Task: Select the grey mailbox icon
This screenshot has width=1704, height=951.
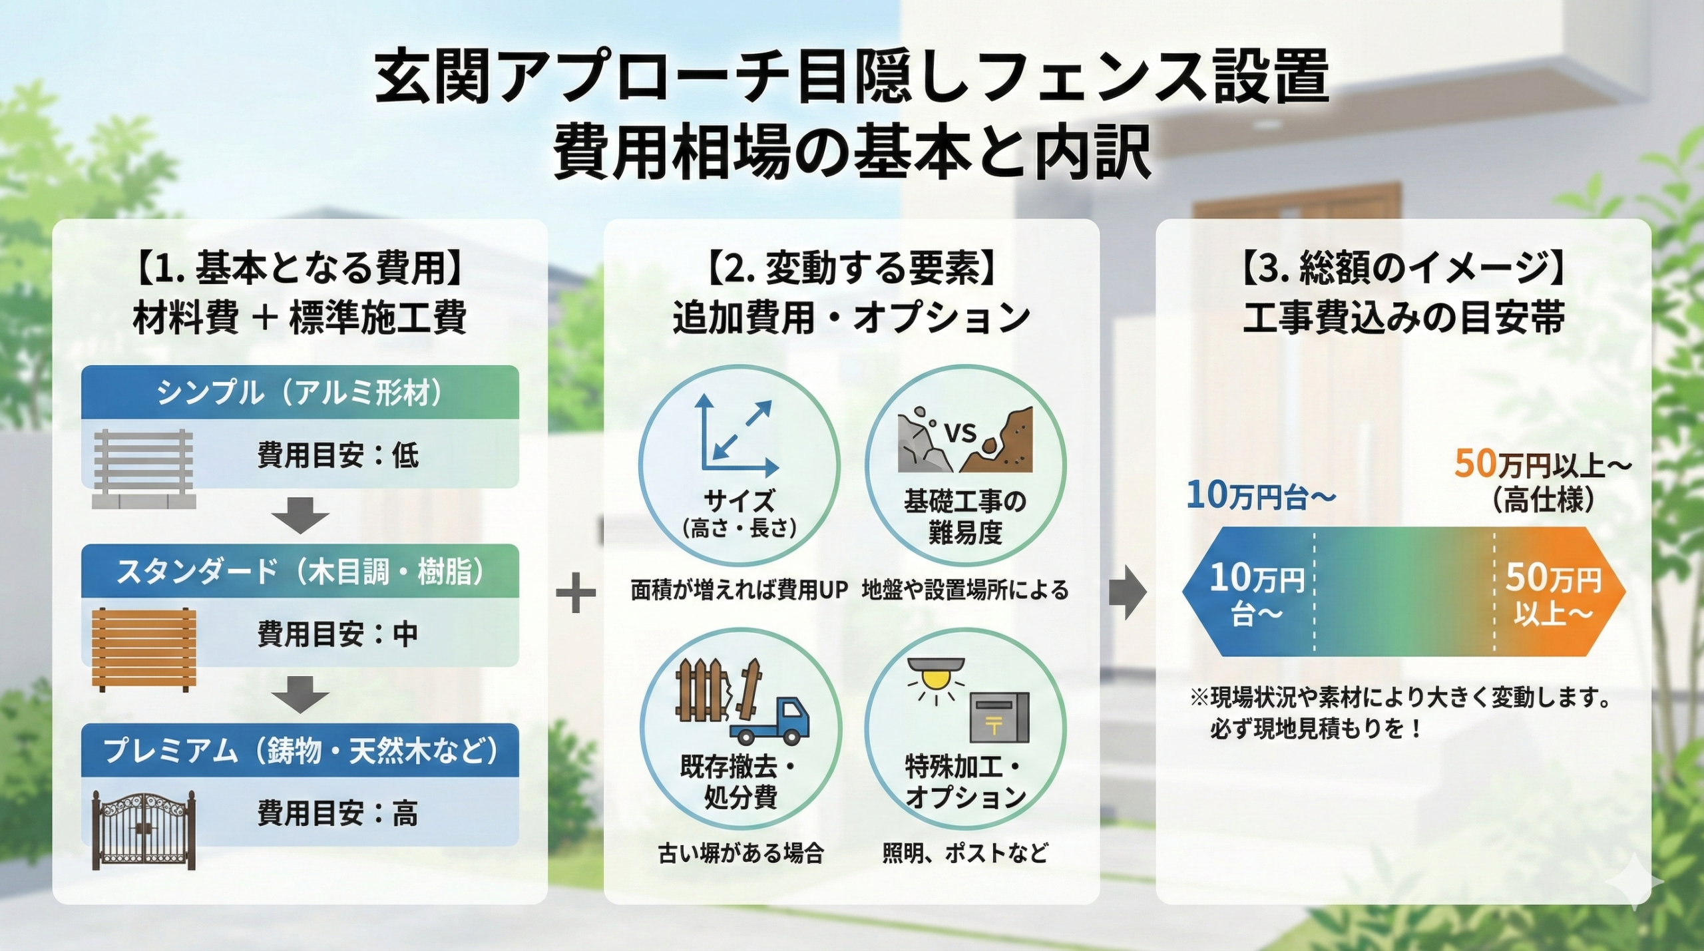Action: [998, 717]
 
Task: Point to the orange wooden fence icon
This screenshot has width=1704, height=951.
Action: [144, 648]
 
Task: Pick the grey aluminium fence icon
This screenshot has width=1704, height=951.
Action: [144, 468]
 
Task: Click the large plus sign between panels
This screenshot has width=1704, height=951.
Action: [576, 592]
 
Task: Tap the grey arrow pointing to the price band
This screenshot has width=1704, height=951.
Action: [1128, 592]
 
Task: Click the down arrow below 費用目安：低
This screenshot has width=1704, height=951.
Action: [300, 514]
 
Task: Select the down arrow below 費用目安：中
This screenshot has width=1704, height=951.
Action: [300, 694]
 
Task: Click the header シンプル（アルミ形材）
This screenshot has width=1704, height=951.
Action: [300, 393]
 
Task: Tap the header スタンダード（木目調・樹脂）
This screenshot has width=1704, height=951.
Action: [300, 572]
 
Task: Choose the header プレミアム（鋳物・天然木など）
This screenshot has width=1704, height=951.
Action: [300, 751]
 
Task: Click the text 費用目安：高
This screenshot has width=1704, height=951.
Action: [337, 813]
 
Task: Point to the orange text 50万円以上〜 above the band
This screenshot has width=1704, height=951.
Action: [1543, 465]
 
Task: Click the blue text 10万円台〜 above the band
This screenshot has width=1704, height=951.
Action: [1261, 496]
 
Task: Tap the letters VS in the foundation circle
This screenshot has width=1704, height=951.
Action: [960, 433]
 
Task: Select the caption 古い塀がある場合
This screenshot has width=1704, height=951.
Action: [741, 853]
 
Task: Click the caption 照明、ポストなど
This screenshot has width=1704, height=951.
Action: [965, 853]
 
